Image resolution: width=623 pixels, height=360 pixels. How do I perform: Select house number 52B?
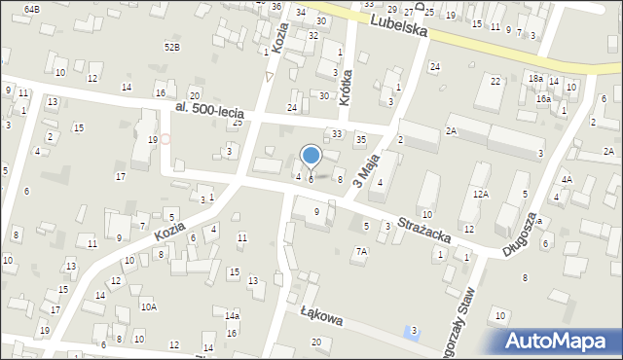point(172,47)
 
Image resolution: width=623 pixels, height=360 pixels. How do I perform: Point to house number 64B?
point(32,8)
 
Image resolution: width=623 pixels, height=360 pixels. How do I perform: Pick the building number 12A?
point(480,194)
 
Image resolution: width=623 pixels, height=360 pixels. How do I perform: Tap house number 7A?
point(361,251)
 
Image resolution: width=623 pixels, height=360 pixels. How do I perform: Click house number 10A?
point(148,306)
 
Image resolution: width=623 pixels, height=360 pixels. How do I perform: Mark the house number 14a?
point(232,316)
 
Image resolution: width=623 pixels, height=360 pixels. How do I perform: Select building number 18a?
point(535,78)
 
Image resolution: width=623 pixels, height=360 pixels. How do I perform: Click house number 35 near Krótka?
point(360,140)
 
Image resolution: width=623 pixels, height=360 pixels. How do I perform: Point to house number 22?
point(495,81)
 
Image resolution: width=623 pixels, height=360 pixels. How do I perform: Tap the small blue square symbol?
point(406,335)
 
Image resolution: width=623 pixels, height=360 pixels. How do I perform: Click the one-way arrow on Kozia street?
point(270,76)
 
